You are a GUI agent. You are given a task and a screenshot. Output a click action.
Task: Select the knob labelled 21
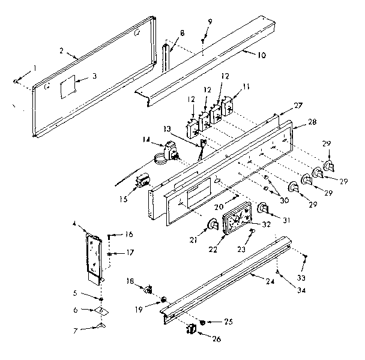[x=211, y=225]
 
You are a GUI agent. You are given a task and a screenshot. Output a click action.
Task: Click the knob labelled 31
[x=263, y=208]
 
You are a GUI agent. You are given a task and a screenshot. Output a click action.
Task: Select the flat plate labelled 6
[x=101, y=310]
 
